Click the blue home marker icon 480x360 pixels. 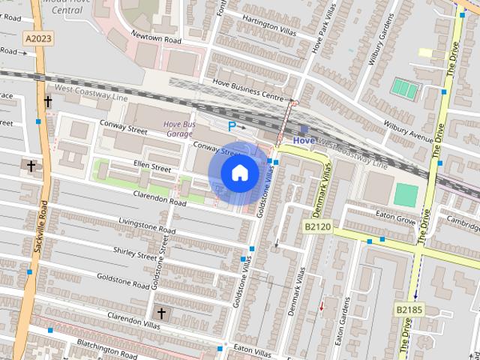pyautogui.click(x=239, y=173)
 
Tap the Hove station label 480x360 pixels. pyautogui.click(x=304, y=140)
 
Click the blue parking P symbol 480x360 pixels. pyautogui.click(x=232, y=127)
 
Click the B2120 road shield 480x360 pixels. pyautogui.click(x=317, y=226)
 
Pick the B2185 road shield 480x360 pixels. pyautogui.click(x=409, y=307)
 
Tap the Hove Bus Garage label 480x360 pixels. pyautogui.click(x=179, y=128)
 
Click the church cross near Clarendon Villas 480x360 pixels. pyautogui.click(x=160, y=312)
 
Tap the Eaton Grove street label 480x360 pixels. pyautogui.click(x=396, y=220)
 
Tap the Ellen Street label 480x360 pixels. pyautogui.click(x=152, y=166)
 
